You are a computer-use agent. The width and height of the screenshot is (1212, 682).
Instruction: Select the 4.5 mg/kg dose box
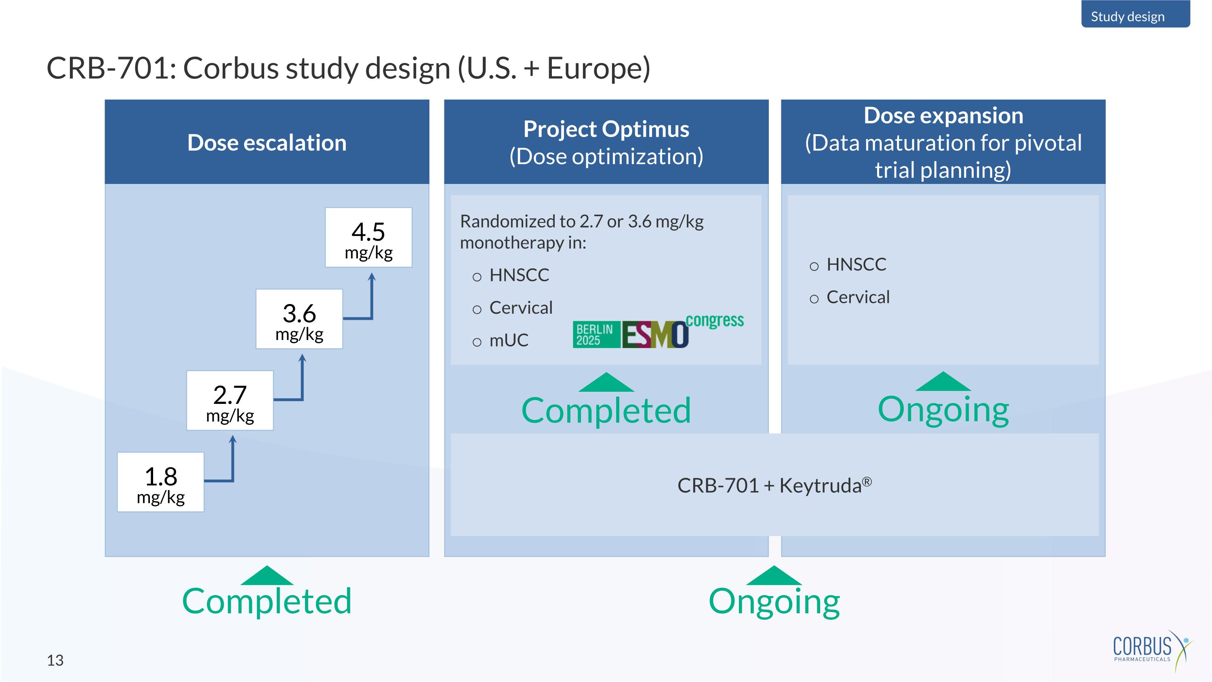pyautogui.click(x=368, y=238)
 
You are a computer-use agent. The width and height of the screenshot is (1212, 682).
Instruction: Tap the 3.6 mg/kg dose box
pyautogui.click(x=299, y=319)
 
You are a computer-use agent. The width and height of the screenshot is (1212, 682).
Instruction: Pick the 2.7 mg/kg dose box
pyautogui.click(x=229, y=401)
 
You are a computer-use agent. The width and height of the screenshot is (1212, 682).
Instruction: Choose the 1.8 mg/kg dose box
pyautogui.click(x=160, y=482)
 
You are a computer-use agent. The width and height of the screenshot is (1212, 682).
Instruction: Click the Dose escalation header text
pyautogui.click(x=267, y=143)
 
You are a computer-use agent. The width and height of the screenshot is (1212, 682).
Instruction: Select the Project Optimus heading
pyautogui.click(x=606, y=129)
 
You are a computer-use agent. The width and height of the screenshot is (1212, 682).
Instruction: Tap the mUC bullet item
pyautogui.click(x=508, y=340)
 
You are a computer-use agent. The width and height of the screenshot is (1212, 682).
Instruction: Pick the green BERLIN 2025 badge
pyautogui.click(x=595, y=335)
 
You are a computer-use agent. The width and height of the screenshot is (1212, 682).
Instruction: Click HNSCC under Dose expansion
pyautogui.click(x=856, y=264)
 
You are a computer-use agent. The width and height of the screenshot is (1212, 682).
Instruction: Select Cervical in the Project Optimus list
pyautogui.click(x=520, y=308)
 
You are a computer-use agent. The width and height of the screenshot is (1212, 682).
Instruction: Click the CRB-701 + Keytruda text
pyautogui.click(x=774, y=485)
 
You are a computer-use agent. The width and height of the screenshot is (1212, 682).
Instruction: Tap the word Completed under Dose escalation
pyautogui.click(x=267, y=601)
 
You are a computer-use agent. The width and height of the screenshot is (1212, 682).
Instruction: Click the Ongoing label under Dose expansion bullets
pyautogui.click(x=943, y=410)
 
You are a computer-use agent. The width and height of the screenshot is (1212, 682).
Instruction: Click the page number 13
pyautogui.click(x=55, y=660)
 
